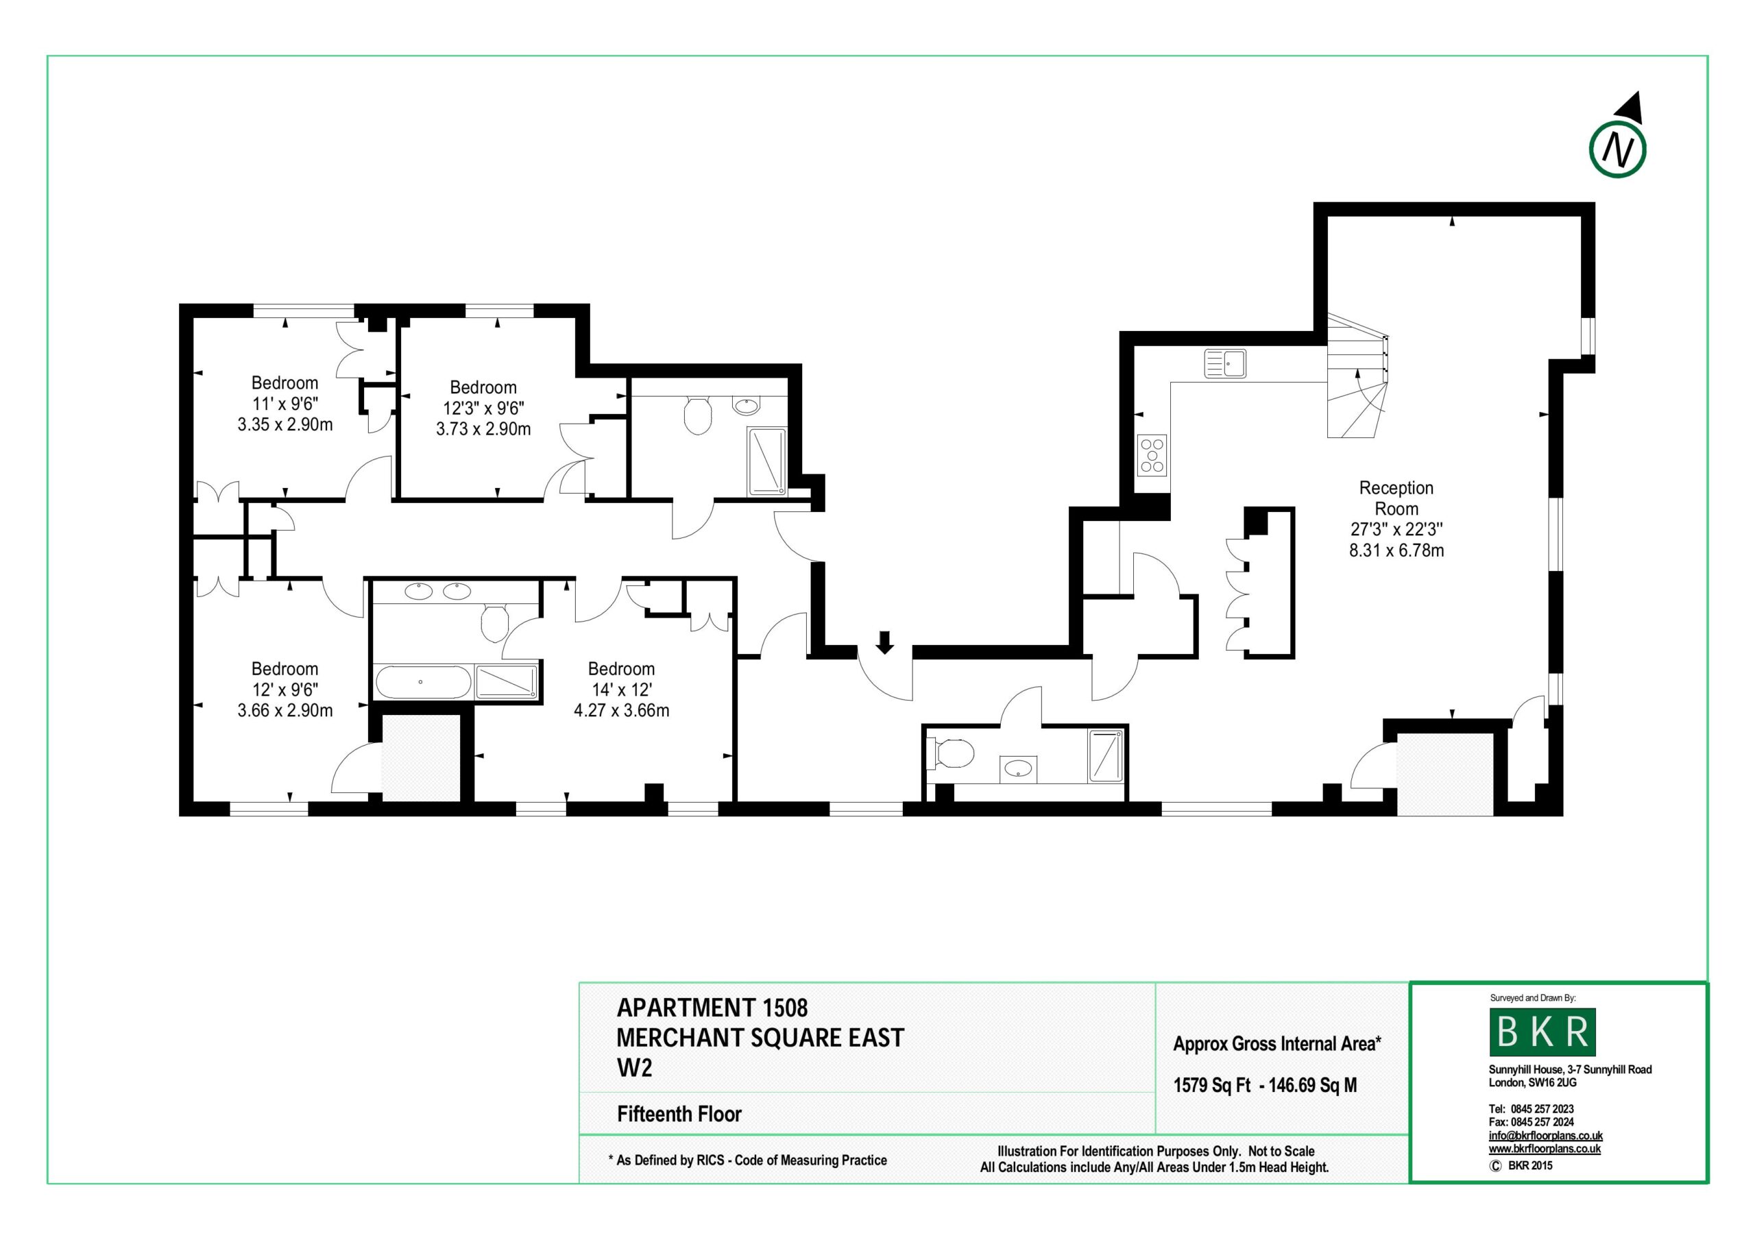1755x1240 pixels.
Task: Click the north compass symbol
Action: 1617,148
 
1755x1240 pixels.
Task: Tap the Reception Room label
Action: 1396,498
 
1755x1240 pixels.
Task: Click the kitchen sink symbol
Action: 1224,364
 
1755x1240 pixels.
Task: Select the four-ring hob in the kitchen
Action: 1152,455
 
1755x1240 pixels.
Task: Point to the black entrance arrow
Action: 884,642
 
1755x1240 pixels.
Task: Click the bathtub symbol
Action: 423,681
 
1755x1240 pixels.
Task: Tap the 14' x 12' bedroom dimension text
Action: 621,690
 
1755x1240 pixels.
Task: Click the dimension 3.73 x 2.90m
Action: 483,429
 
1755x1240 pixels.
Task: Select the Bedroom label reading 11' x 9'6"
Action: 285,383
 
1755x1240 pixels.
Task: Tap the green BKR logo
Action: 1542,1032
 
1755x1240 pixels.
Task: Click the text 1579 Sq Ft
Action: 1211,1086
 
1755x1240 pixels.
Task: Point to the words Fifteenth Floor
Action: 679,1114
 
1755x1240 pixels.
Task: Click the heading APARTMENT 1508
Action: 712,1008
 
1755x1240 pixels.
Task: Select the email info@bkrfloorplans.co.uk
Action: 1545,1136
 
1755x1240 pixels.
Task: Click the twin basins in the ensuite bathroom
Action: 437,591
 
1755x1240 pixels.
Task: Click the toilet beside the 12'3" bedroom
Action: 697,414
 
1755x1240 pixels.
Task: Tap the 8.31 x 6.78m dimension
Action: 1396,550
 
